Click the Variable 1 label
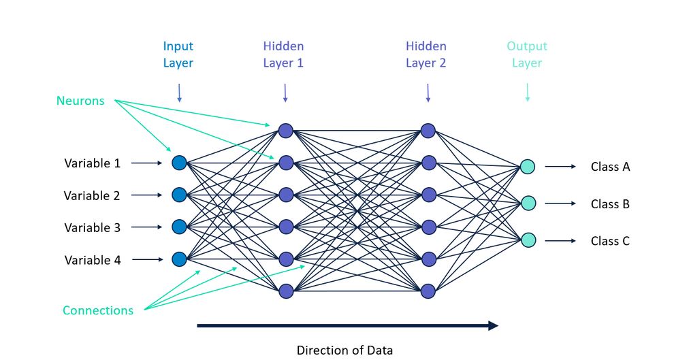tap(92, 163)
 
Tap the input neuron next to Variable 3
tap(179, 227)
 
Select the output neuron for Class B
tap(528, 203)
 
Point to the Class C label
tap(609, 241)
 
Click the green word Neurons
tap(80, 101)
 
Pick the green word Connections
tap(98, 310)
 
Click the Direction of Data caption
tap(344, 350)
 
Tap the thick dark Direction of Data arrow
tap(347, 326)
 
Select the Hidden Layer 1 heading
tap(283, 54)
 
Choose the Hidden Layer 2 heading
tap(426, 54)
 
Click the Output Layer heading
tap(527, 54)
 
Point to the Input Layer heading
tap(178, 54)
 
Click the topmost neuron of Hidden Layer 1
tap(285, 130)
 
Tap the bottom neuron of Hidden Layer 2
tap(428, 291)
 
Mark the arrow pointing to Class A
tap(560, 166)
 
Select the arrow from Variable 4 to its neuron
tap(146, 259)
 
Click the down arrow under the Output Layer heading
tap(527, 93)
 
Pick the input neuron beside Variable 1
tap(179, 163)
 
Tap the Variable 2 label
tap(92, 195)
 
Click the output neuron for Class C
tap(528, 240)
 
